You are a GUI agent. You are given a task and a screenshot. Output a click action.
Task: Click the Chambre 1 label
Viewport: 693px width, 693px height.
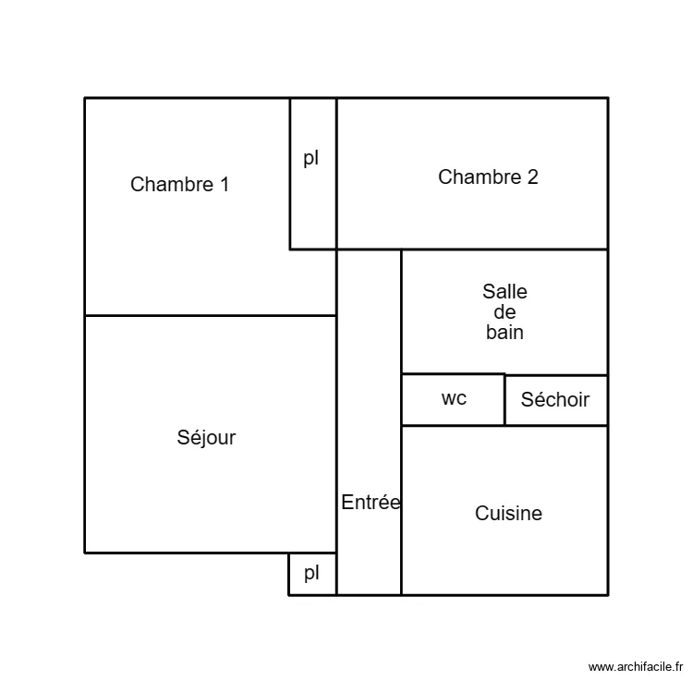click(179, 184)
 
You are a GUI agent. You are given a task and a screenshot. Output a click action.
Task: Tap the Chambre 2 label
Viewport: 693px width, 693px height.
click(488, 177)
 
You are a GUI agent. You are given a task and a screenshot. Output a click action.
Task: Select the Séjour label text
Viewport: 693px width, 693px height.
click(206, 438)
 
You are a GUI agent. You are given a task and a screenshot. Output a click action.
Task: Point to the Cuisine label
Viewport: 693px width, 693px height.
click(508, 514)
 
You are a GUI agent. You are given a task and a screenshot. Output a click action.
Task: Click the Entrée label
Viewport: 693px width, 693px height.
click(371, 503)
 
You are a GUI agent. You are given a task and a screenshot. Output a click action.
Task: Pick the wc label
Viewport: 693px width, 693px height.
click(454, 398)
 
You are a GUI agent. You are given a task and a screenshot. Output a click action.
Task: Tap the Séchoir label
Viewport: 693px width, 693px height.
click(554, 400)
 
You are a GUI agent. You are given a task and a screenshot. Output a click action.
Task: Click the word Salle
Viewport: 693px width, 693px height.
click(505, 292)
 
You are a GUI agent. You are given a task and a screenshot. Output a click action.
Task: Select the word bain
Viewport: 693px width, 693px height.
click(505, 333)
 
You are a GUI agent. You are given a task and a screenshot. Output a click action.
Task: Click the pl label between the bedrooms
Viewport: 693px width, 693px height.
click(311, 158)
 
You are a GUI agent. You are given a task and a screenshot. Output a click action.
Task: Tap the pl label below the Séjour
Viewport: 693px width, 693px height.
click(312, 573)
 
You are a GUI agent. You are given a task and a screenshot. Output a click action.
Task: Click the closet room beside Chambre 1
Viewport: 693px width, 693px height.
click(313, 203)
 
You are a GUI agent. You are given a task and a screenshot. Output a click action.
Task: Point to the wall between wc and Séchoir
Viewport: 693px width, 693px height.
click(505, 399)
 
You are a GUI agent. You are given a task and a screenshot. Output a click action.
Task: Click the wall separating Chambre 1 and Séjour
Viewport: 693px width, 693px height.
click(210, 316)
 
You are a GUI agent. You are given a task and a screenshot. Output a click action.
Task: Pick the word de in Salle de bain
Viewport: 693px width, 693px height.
click(505, 312)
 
